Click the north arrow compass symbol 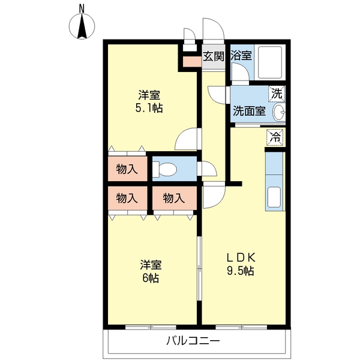[82, 26]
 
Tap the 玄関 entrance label [214, 56]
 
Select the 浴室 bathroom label [241, 55]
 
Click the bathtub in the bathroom [270, 62]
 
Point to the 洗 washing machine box [277, 94]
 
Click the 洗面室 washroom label [250, 111]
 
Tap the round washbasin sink [279, 112]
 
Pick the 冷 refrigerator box [275, 137]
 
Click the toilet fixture [164, 169]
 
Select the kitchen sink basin [274, 197]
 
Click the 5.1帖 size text [149, 108]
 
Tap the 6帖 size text [151, 278]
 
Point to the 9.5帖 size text [241, 271]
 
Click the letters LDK [241, 258]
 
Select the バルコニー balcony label [193, 341]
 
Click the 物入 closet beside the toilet [127, 170]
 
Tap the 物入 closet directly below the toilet [174, 198]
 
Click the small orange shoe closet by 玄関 [192, 62]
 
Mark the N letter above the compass [82, 9]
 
